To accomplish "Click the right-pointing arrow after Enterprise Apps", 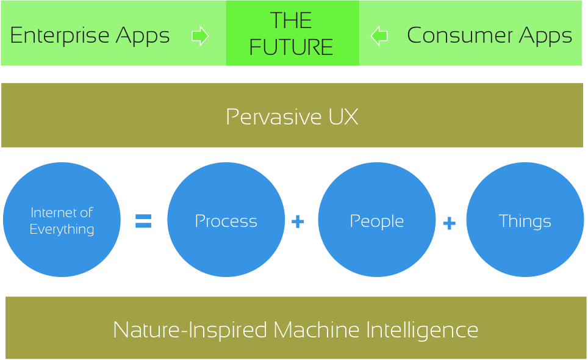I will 200,36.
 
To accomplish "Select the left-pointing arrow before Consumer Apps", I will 379,36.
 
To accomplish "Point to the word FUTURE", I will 292,47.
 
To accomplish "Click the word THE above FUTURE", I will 292,21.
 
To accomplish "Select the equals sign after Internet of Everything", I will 143,220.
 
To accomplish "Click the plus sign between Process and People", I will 298,221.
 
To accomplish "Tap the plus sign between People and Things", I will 450,223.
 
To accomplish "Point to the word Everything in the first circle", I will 62,230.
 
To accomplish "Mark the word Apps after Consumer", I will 546,35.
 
